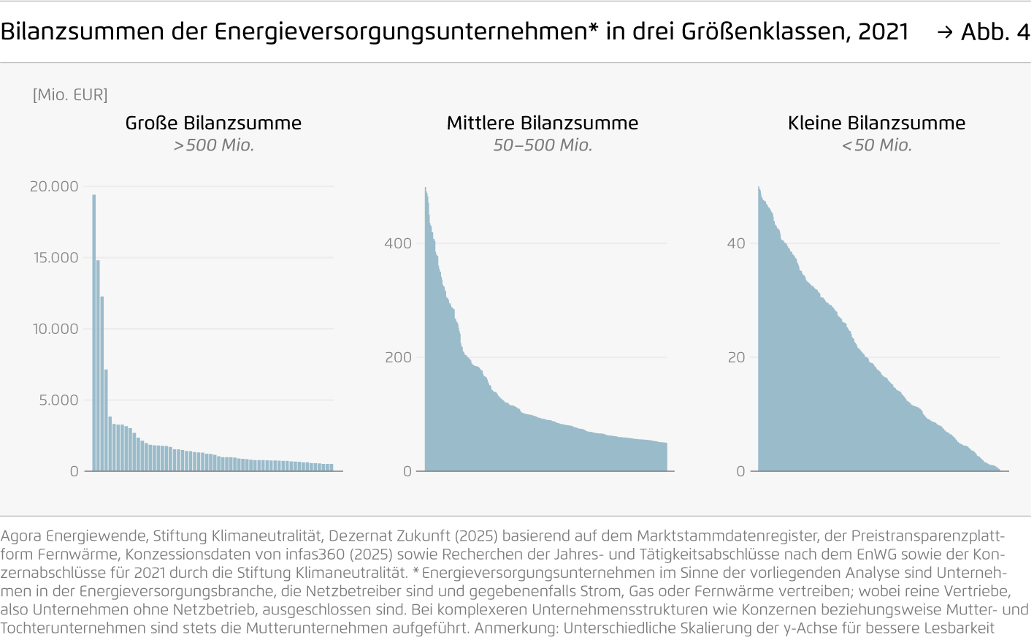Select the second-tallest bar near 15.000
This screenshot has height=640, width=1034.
pyautogui.click(x=98, y=365)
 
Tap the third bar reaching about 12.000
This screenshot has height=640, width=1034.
pyautogui.click(x=102, y=384)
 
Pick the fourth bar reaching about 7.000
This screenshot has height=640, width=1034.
pyautogui.click(x=106, y=420)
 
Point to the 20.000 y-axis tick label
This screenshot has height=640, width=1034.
pyautogui.click(x=54, y=186)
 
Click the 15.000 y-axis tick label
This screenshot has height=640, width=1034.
pyautogui.click(x=55, y=258)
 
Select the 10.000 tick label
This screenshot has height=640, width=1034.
pyautogui.click(x=55, y=329)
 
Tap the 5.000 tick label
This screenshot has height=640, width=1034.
pyautogui.click(x=58, y=400)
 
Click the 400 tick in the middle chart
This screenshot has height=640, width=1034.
pyautogui.click(x=398, y=243)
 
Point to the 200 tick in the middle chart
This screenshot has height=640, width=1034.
pyautogui.click(x=398, y=357)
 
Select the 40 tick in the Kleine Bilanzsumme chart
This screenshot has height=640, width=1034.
pyautogui.click(x=736, y=243)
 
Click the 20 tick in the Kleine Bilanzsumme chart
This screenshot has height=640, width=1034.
pyautogui.click(x=736, y=357)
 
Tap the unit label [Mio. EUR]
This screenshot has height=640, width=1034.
pyautogui.click(x=70, y=95)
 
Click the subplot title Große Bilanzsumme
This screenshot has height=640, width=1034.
pyautogui.click(x=213, y=123)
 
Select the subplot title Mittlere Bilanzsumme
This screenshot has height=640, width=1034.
pyautogui.click(x=543, y=123)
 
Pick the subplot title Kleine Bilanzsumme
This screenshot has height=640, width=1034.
pyautogui.click(x=876, y=123)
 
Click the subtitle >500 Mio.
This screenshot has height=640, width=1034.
pyautogui.click(x=213, y=145)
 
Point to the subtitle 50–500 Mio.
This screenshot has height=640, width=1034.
pyautogui.click(x=543, y=145)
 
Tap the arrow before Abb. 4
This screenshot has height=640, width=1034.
pyautogui.click(x=945, y=32)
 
